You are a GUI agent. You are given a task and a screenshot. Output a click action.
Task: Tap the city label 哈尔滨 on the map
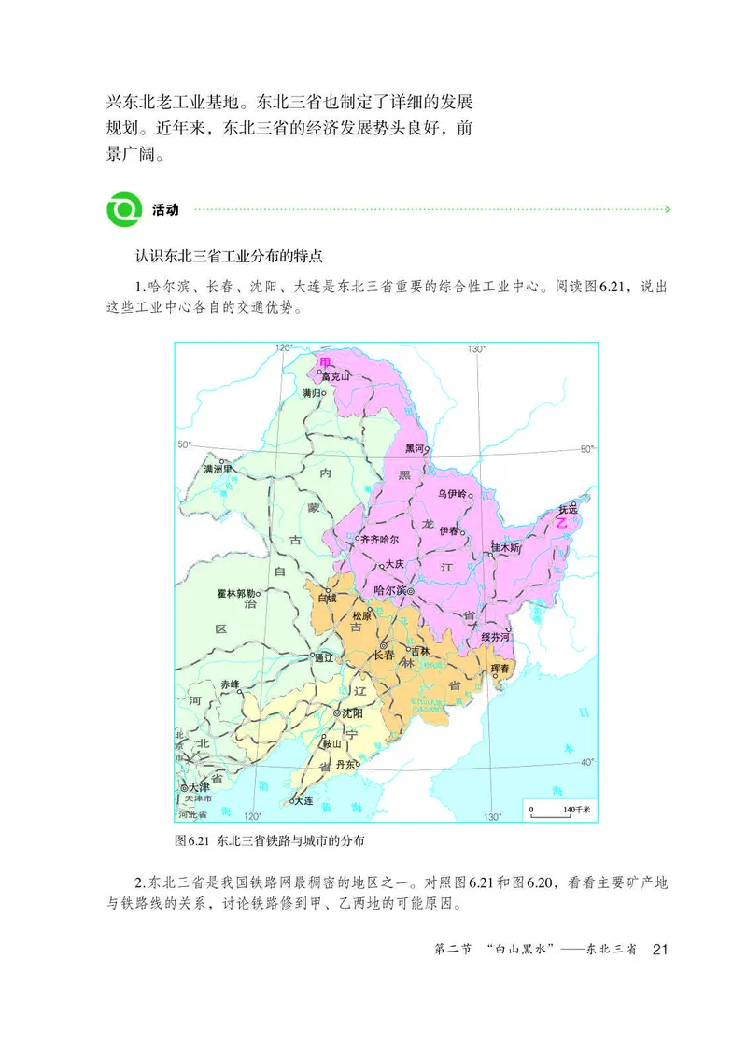tap(391, 590)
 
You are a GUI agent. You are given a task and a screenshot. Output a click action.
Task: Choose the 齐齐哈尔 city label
tap(379, 540)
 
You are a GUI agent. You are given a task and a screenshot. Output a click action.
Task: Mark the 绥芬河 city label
tap(496, 637)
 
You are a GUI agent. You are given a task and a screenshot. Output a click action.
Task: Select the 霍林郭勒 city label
tap(235, 592)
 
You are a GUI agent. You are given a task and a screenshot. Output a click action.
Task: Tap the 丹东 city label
tap(345, 765)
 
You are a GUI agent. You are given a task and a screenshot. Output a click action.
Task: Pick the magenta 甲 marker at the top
tap(324, 361)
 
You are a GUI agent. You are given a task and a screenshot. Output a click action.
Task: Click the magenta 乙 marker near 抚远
tap(562, 525)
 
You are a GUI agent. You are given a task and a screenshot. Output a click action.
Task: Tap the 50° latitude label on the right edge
tap(586, 449)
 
